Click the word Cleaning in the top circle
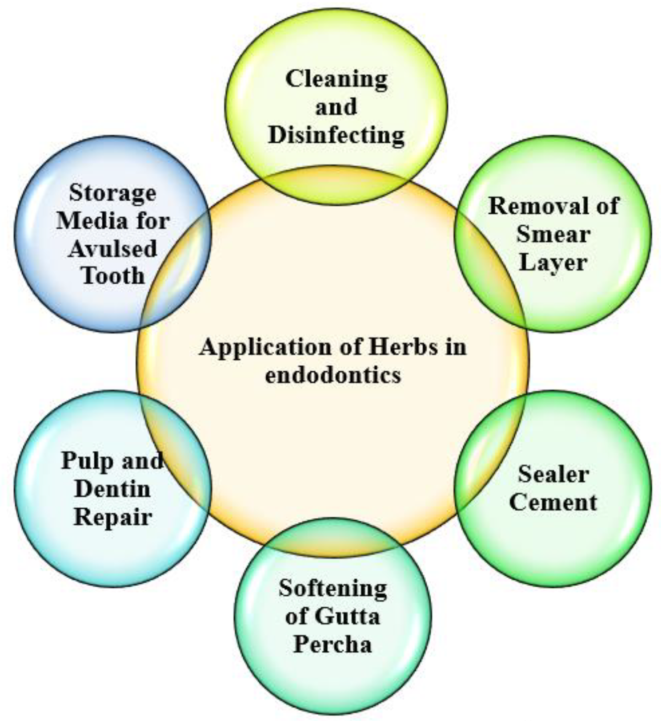click(x=336, y=79)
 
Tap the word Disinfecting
click(x=336, y=135)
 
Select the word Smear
click(x=553, y=234)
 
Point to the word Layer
click(x=553, y=262)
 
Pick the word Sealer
click(x=553, y=474)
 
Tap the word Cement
click(x=553, y=502)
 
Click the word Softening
click(x=333, y=589)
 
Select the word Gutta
click(x=348, y=617)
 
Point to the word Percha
click(x=333, y=644)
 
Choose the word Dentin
click(x=112, y=489)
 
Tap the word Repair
click(x=112, y=517)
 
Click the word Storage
click(x=112, y=193)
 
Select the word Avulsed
click(x=112, y=248)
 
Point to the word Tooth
click(x=112, y=276)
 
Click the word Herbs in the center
click(x=403, y=347)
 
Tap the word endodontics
click(x=333, y=375)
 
